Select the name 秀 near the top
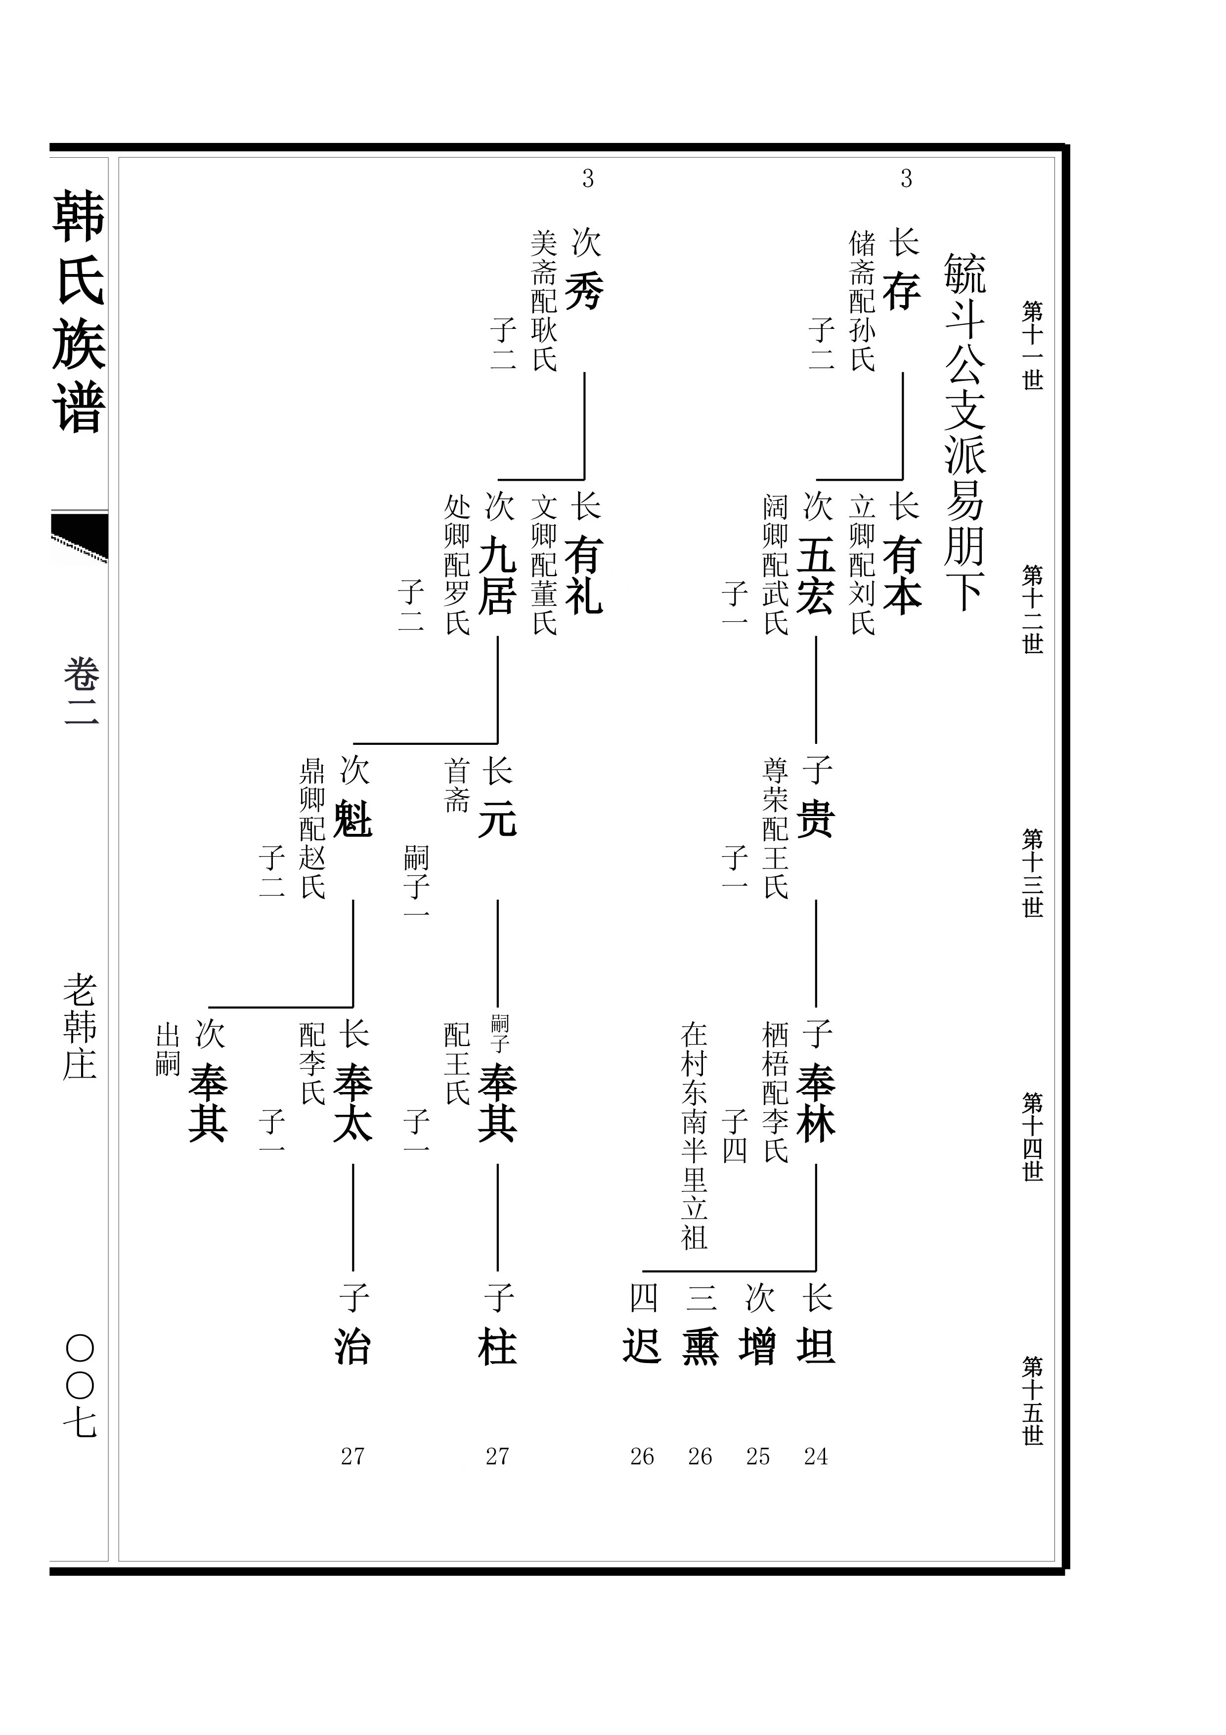(x=584, y=291)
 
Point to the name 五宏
(x=815, y=575)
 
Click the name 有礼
(x=584, y=575)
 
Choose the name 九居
(x=497, y=575)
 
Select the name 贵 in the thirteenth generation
(x=815, y=820)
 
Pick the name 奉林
(x=815, y=1103)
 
